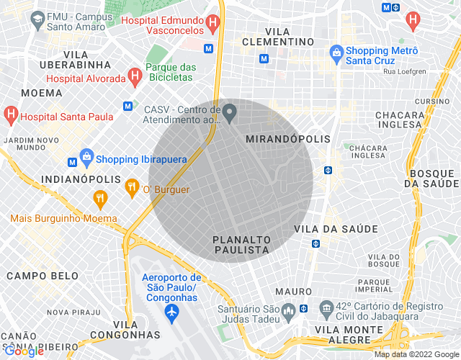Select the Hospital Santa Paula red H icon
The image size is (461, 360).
pyautogui.click(x=11, y=114)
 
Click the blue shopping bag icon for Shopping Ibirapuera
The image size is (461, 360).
pyautogui.click(x=86, y=156)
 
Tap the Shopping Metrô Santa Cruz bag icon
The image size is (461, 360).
pyautogui.click(x=336, y=52)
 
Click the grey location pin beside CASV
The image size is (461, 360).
pyautogui.click(x=230, y=112)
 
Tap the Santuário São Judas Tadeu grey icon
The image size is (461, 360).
pyautogui.click(x=287, y=312)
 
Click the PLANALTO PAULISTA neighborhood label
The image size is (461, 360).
pyautogui.click(x=241, y=244)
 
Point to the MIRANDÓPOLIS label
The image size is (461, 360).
pyautogui.click(x=287, y=138)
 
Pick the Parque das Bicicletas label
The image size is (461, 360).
pyautogui.click(x=171, y=73)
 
